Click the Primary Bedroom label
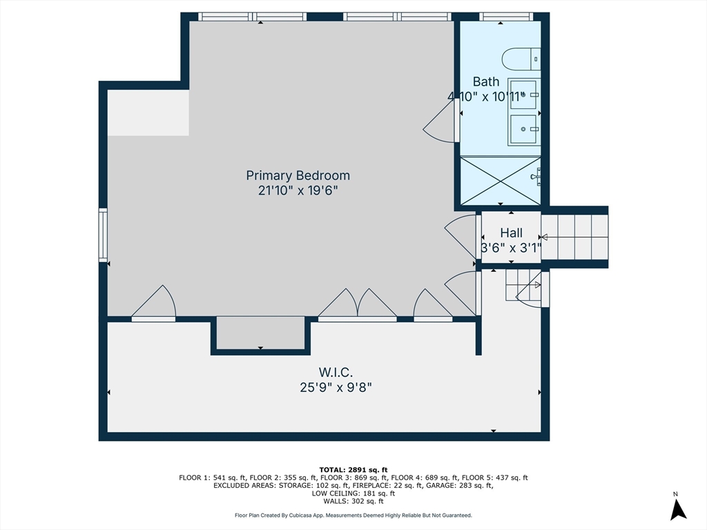click(298, 175)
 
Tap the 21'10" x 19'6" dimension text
click(298, 190)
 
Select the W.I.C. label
click(336, 372)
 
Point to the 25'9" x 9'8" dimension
click(336, 387)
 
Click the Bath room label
click(485, 81)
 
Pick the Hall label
click(512, 233)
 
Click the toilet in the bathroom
click(521, 59)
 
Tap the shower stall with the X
click(501, 180)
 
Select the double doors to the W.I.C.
click(358, 305)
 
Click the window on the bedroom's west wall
click(104, 235)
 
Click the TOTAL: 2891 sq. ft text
click(353, 470)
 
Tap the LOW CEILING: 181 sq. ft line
click(353, 493)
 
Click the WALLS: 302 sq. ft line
click(353, 501)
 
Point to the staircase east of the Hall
click(574, 237)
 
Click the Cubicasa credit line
click(353, 515)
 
